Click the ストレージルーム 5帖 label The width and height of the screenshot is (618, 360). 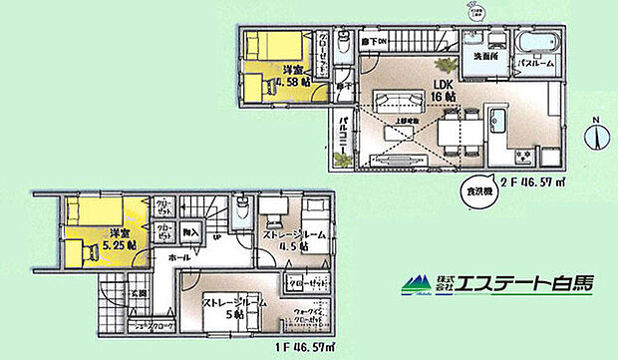[x=232, y=305]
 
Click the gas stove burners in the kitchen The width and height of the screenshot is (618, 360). [x=522, y=155]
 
